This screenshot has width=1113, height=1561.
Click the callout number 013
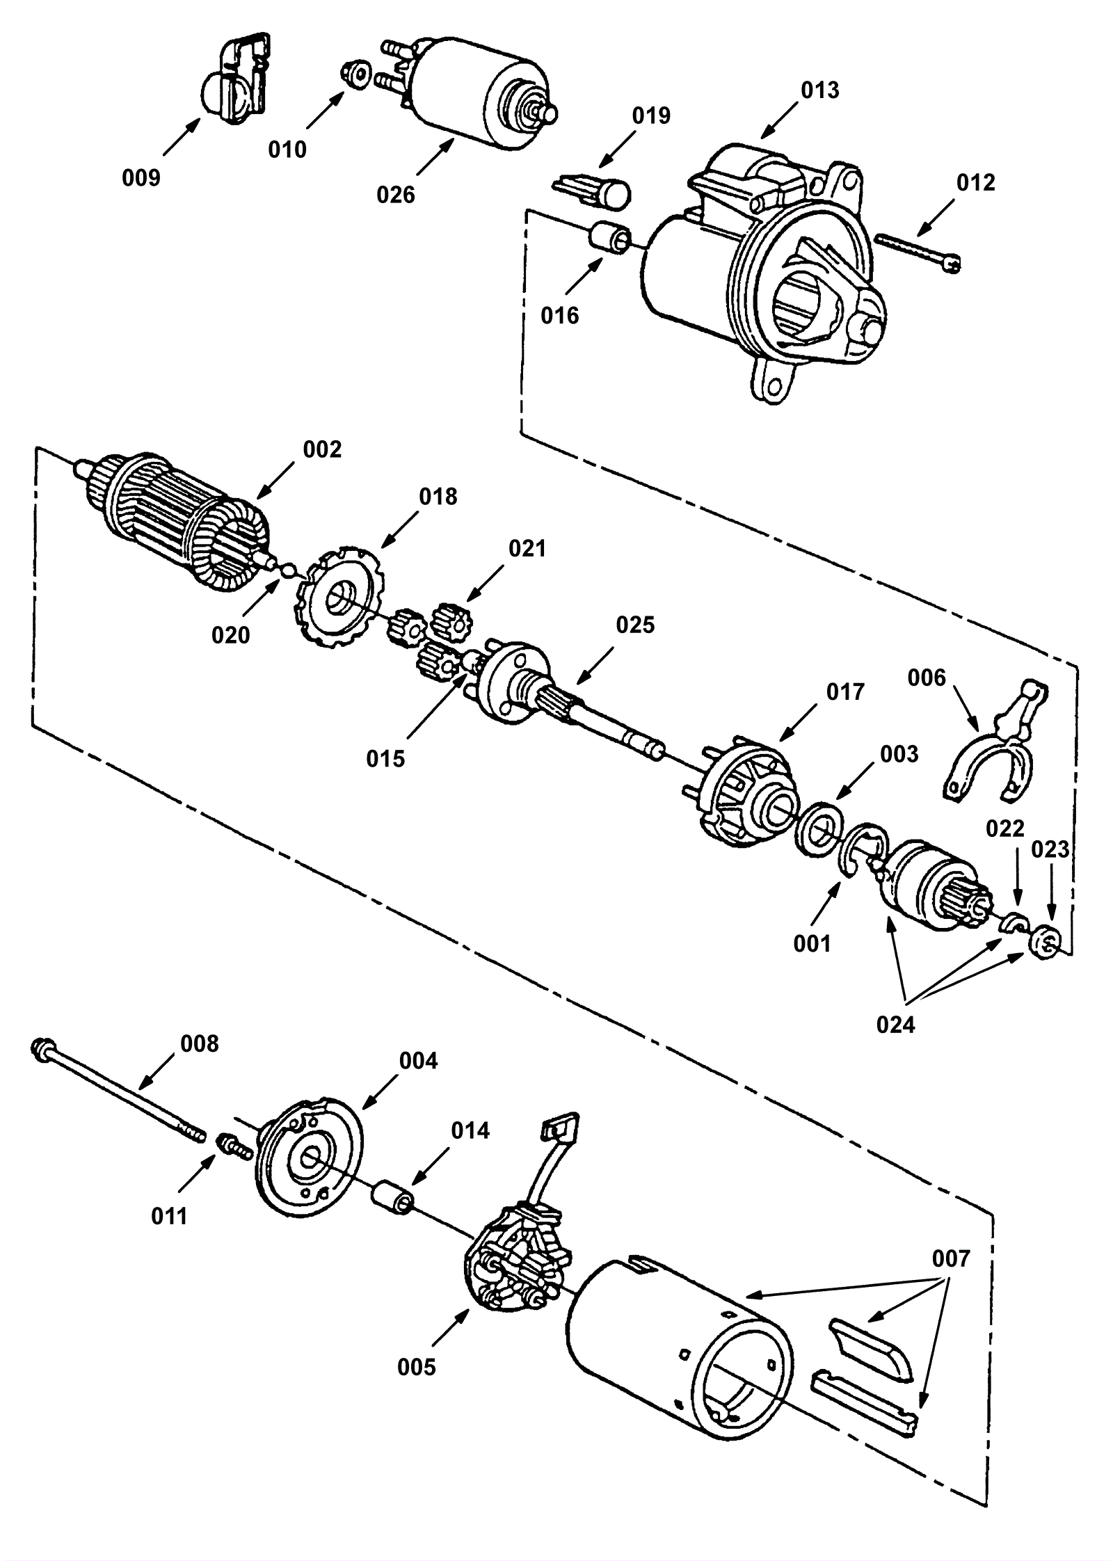pos(819,90)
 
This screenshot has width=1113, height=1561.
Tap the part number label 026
pos(395,195)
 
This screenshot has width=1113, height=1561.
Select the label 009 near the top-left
pos(141,178)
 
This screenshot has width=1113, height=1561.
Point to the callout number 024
pos(896,1024)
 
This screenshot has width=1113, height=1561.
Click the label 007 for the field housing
pos(951,1259)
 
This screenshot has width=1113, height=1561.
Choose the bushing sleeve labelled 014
pos(392,1197)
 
